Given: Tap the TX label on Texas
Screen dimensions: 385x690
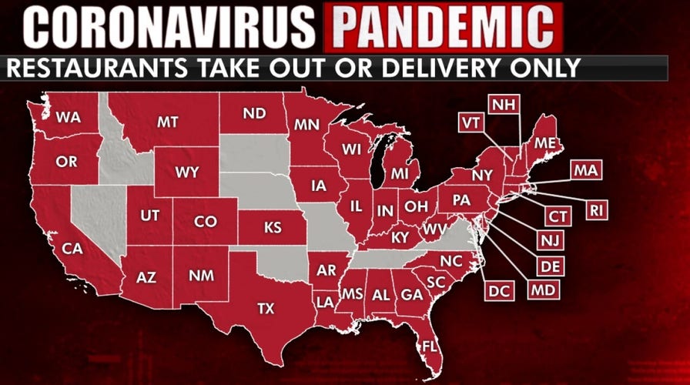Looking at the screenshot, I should point(265,309).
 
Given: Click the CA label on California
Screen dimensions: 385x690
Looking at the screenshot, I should point(72,249).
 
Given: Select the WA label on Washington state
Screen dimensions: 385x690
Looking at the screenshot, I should point(69,118).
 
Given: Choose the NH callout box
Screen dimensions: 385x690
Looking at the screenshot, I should point(504,105).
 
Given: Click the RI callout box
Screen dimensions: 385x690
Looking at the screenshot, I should point(597,209).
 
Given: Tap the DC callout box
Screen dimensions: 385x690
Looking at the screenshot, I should point(498,290).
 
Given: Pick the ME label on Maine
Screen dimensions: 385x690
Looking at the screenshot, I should point(543,142).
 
